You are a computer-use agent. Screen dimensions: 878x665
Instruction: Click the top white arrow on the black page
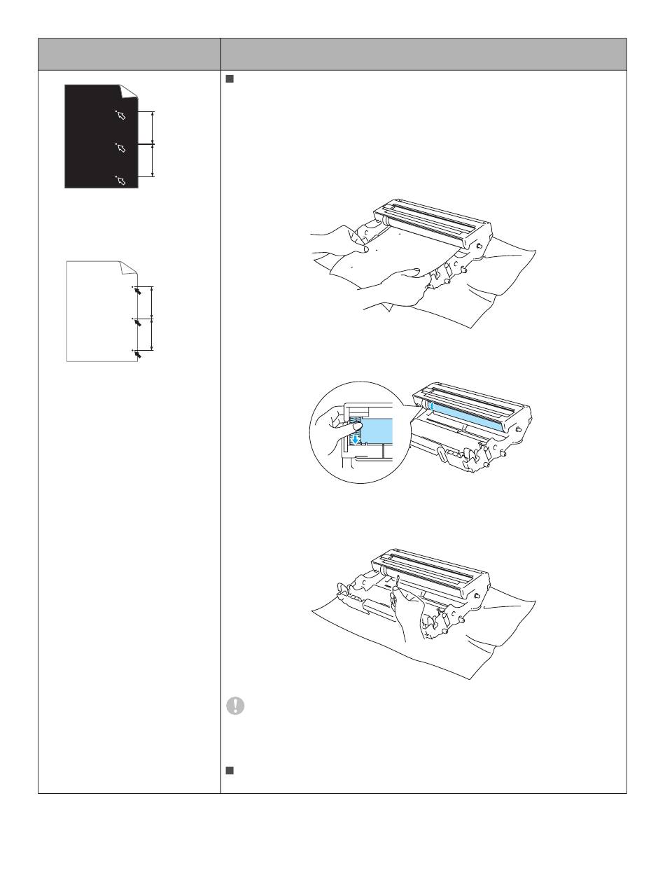click(x=121, y=115)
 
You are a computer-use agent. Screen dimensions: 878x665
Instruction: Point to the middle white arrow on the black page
click(x=121, y=148)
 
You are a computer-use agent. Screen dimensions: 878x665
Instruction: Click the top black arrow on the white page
click(x=139, y=291)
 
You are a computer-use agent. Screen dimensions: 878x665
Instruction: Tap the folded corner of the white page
click(x=128, y=267)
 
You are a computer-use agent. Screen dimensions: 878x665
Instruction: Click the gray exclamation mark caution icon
click(x=236, y=706)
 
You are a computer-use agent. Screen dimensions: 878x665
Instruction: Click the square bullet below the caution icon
click(x=228, y=771)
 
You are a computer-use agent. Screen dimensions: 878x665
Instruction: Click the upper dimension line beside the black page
click(x=153, y=127)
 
